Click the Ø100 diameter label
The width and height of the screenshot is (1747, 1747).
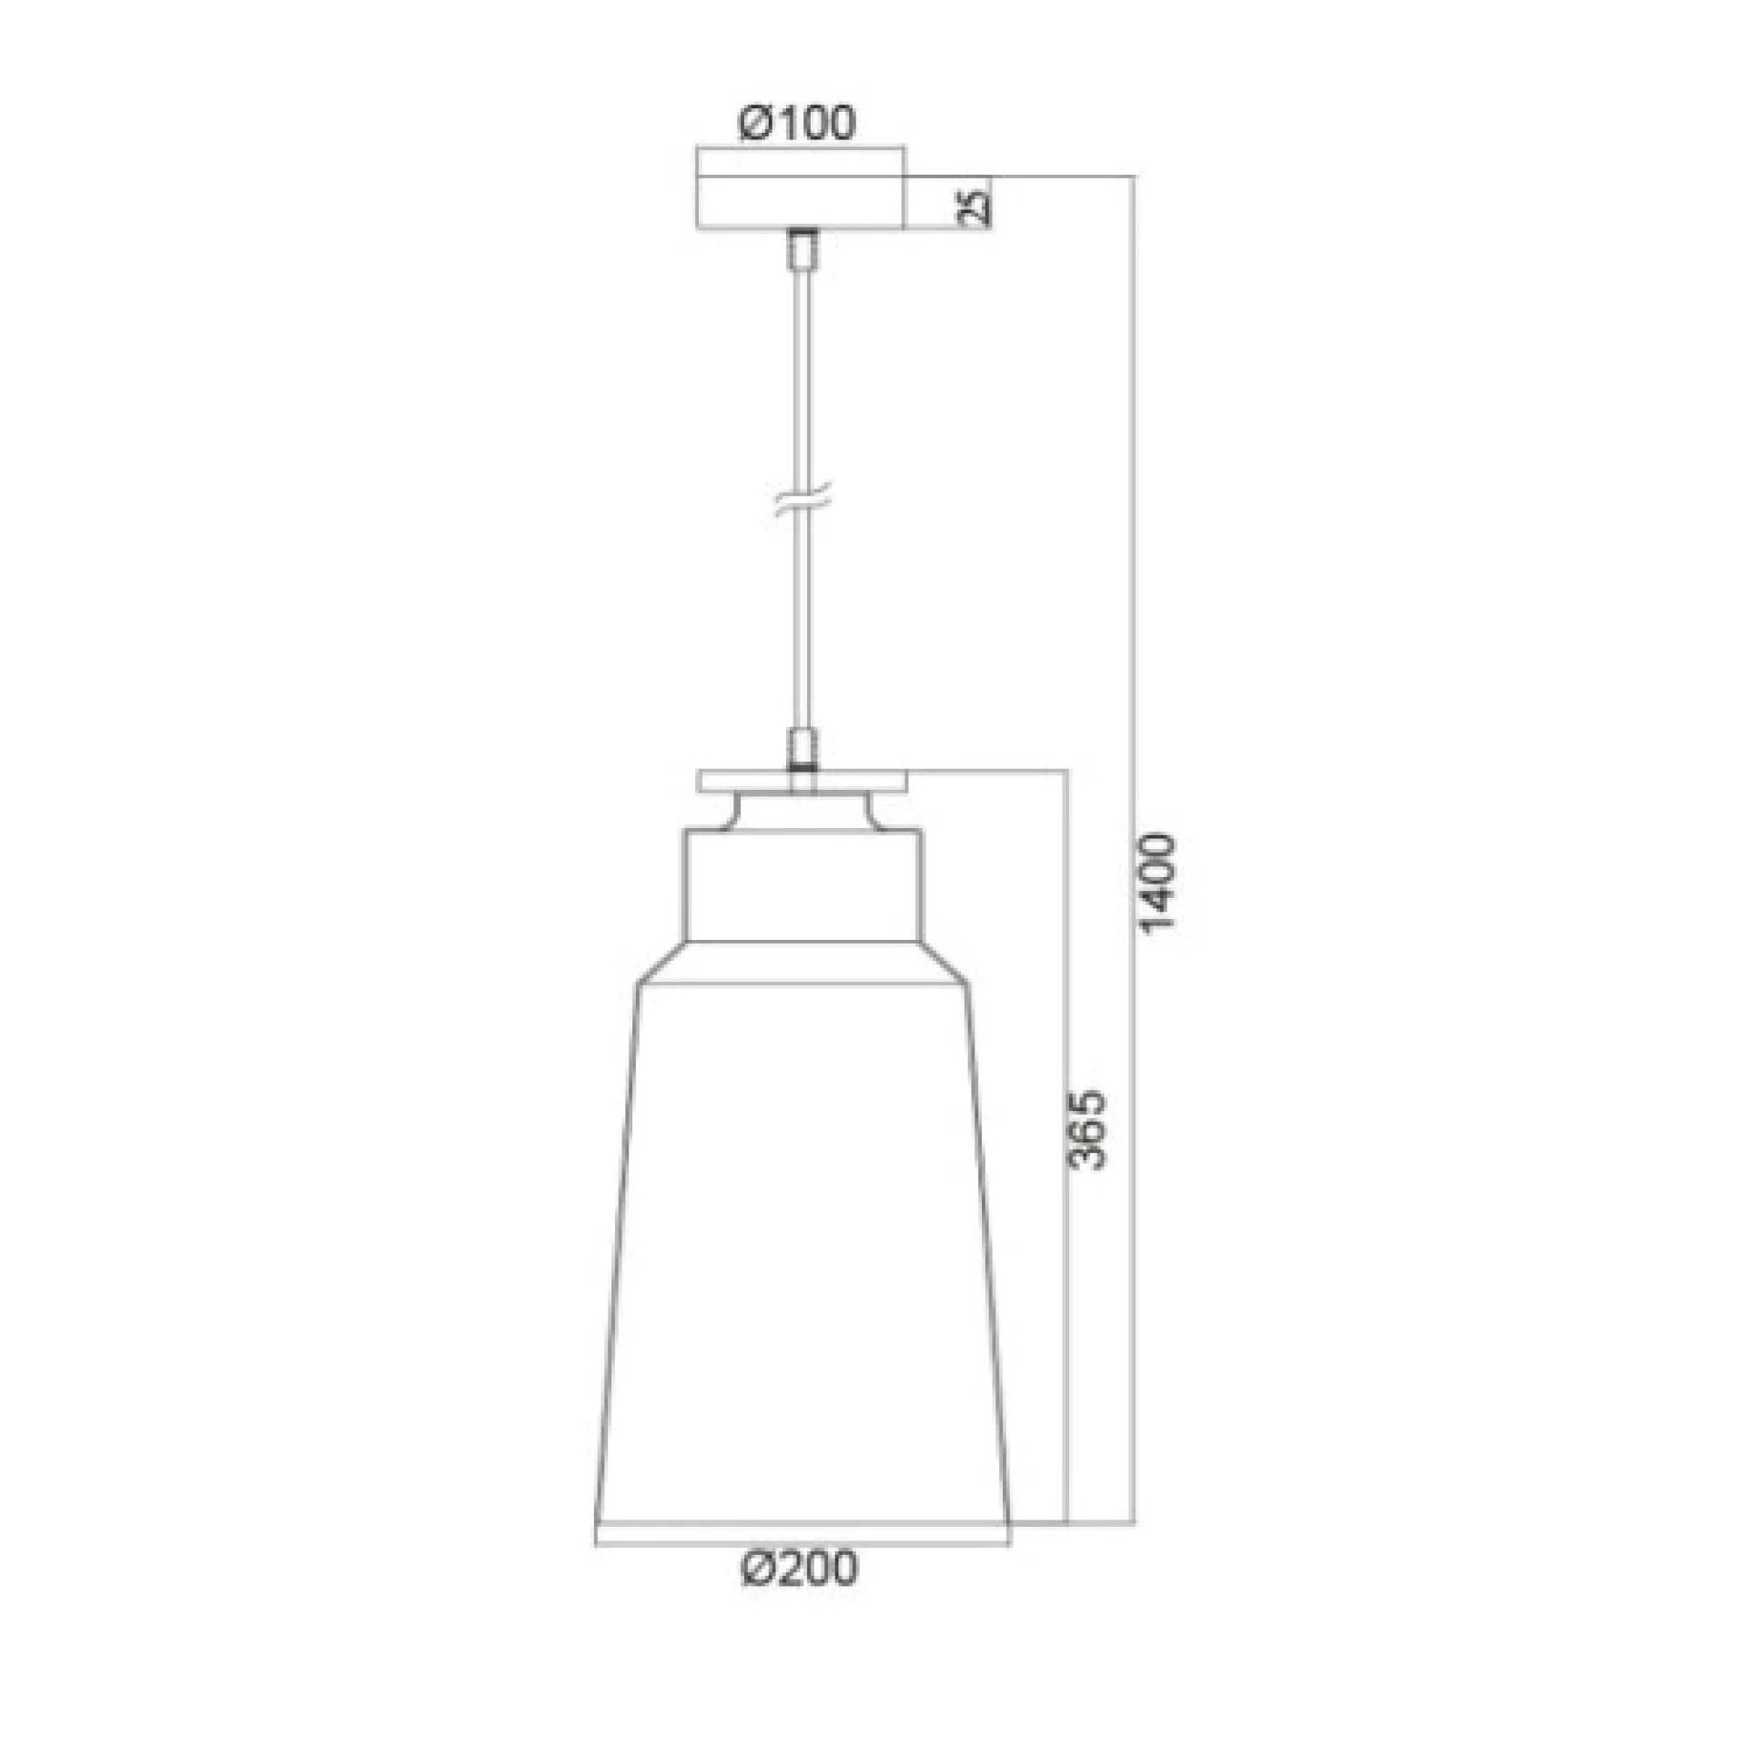[x=798, y=123]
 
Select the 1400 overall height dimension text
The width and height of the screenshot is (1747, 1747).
[x=1159, y=884]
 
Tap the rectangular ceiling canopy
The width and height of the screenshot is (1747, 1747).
[x=801, y=201]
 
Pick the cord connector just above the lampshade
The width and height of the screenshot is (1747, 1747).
[x=803, y=750]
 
